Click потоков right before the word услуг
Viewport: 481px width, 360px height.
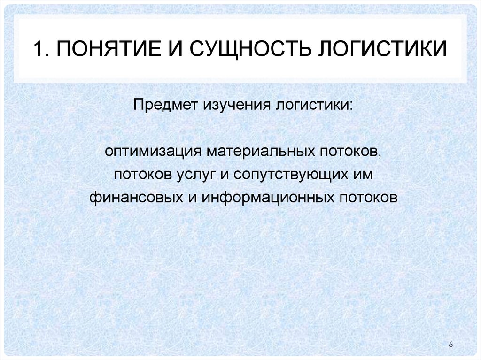[137, 176]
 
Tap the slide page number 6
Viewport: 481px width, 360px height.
[451, 345]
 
